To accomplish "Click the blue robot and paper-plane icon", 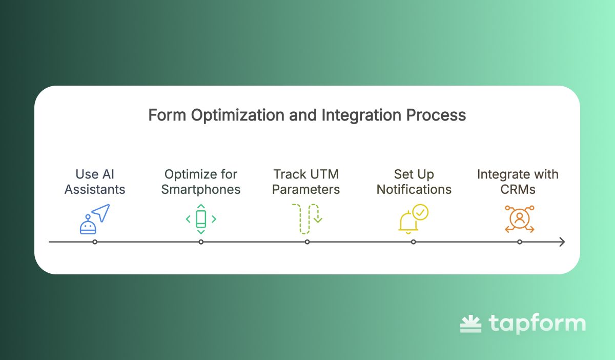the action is (x=95, y=219).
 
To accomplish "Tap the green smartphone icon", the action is (x=201, y=219).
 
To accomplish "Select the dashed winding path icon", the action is (x=307, y=219).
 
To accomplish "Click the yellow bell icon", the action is (x=408, y=222).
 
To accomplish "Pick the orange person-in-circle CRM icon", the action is (x=520, y=219).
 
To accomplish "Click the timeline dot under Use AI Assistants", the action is (x=95, y=242).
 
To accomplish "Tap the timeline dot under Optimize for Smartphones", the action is (x=201, y=242).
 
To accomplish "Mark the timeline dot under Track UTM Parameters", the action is (x=307, y=242).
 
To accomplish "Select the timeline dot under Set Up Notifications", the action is (x=414, y=242).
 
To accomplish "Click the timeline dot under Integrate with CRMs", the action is (x=520, y=242).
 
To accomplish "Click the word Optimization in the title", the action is (x=237, y=115).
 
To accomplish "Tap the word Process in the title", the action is (x=436, y=115).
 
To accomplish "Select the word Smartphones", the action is (x=201, y=189).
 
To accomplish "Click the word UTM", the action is (x=324, y=174).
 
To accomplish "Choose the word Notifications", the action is (x=414, y=189).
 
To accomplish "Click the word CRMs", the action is (x=518, y=189).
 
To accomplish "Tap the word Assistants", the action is (x=95, y=189).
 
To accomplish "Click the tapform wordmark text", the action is (x=537, y=323).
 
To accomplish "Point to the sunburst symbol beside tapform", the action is (x=470, y=324).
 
